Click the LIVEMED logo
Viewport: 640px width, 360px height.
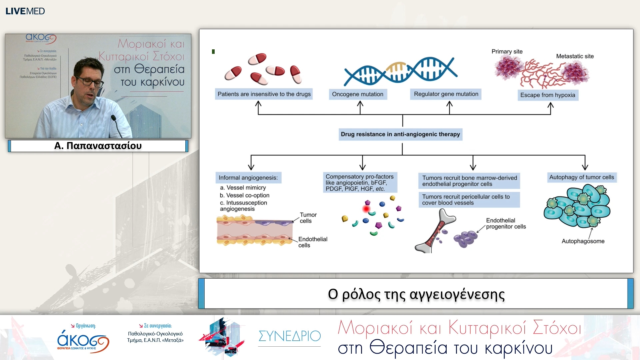click(x=25, y=11)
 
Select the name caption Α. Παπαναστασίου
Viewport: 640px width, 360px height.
click(x=98, y=146)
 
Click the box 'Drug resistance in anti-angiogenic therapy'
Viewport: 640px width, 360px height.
click(x=400, y=134)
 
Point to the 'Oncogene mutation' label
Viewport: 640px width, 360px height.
click(x=358, y=94)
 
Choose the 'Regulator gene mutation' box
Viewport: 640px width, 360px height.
click(x=446, y=94)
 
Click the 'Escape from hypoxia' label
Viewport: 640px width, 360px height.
click(x=548, y=95)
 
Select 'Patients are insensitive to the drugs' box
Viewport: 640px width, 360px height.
click(x=264, y=94)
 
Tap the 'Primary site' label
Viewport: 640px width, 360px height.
click(x=507, y=51)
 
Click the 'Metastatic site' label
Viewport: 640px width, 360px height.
click(x=575, y=56)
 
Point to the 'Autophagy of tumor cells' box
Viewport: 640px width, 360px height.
click(x=581, y=177)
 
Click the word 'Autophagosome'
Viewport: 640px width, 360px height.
click(x=583, y=241)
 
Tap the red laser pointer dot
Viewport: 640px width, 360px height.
click(x=366, y=209)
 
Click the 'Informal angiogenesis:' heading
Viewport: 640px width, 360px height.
click(x=248, y=178)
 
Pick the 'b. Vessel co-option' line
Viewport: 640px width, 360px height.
click(x=244, y=195)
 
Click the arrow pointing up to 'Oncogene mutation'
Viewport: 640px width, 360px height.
click(x=360, y=107)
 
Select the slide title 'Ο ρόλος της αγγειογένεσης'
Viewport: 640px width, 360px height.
click(x=416, y=294)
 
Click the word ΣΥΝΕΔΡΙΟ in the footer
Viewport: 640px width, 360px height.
click(x=289, y=336)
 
